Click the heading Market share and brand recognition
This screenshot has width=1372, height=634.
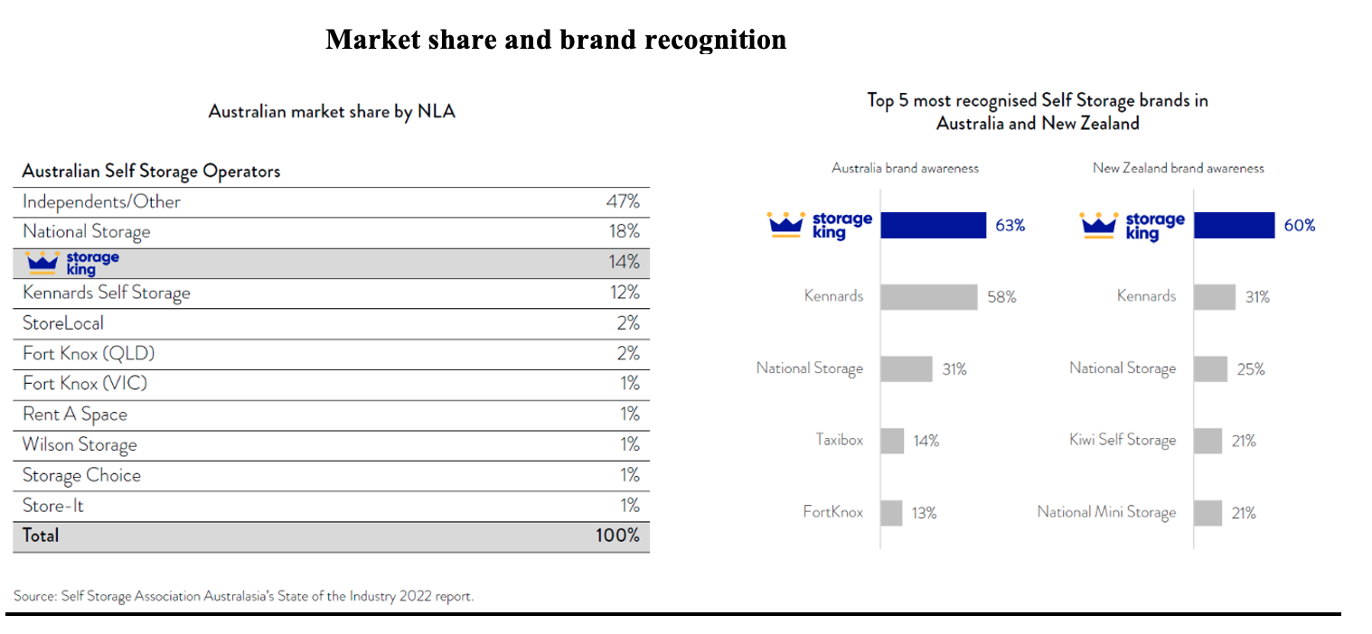point(555,40)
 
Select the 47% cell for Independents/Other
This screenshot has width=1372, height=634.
point(622,201)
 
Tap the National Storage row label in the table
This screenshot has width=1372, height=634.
point(86,232)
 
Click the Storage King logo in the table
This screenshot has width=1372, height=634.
point(73,263)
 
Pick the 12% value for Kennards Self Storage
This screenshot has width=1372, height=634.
point(624,293)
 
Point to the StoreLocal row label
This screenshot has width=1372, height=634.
point(62,323)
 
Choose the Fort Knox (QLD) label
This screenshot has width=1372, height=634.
point(81,353)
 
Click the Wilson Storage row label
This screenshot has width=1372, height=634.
point(80,444)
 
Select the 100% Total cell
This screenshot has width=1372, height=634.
point(617,536)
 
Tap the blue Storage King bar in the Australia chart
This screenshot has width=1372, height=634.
point(933,225)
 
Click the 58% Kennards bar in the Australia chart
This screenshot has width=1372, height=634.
point(928,296)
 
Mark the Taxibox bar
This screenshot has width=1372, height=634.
point(892,441)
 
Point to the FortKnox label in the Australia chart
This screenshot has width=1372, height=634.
point(832,512)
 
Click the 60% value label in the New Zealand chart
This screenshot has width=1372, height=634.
point(1299,226)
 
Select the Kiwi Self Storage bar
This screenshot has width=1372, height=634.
point(1208,441)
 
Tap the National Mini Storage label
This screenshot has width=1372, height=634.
point(1106,512)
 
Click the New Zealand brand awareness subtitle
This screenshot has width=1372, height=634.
point(1178,168)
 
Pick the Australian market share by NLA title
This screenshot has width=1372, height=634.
point(332,112)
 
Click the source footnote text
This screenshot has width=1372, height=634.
point(243,596)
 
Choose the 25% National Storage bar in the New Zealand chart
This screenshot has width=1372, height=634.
point(1210,368)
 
